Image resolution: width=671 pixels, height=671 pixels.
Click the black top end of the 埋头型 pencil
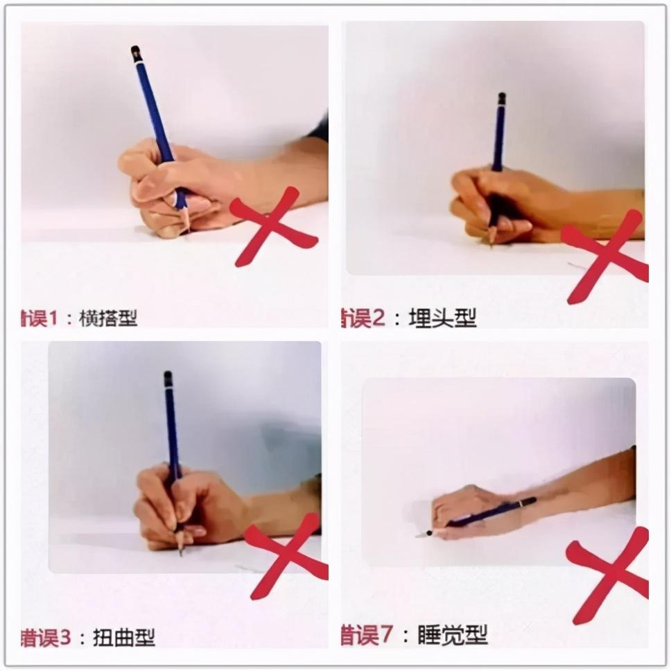tap(501, 98)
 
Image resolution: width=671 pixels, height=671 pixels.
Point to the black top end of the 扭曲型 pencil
tap(168, 376)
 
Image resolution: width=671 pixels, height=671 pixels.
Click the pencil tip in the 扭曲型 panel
tap(181, 552)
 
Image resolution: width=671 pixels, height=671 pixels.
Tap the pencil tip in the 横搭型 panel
tap(186, 228)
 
